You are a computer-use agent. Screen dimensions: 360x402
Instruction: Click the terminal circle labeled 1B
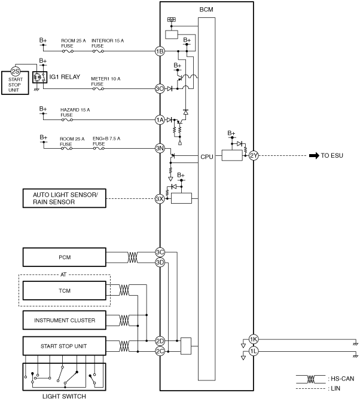point(160,51)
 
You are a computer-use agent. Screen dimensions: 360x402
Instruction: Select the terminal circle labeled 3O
point(160,89)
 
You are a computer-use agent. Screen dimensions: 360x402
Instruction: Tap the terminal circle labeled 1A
point(160,119)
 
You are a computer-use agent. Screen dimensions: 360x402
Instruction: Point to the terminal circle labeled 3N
point(160,148)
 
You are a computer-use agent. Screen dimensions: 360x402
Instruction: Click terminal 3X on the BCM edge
point(160,199)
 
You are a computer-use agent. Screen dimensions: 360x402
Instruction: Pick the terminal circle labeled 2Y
point(254,155)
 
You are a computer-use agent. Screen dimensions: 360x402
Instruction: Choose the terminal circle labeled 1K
point(254,339)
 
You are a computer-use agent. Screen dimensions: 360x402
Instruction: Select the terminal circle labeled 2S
point(16,72)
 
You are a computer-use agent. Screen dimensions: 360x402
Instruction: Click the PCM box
point(65,257)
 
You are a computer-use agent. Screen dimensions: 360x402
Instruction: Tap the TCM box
point(65,290)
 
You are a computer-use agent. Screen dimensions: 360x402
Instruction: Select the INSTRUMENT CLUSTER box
point(65,320)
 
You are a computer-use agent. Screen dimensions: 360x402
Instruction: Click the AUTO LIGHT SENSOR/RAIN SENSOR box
point(65,198)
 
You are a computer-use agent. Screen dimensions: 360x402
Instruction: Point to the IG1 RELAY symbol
point(40,77)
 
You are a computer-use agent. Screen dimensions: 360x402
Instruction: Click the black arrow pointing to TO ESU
point(314,155)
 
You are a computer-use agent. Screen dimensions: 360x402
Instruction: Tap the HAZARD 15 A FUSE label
point(75,112)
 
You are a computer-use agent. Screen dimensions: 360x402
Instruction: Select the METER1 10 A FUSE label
point(105,81)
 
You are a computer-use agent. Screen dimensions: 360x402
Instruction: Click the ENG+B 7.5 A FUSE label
point(106,141)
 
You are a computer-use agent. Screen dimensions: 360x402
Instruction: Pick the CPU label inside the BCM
point(207,156)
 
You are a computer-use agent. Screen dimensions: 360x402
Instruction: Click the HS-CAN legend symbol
point(311,379)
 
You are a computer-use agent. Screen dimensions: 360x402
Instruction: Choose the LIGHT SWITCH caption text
point(64,397)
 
